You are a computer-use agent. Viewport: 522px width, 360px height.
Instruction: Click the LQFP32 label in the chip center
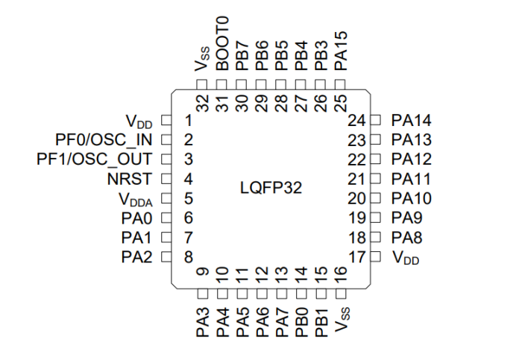pyautogui.click(x=271, y=189)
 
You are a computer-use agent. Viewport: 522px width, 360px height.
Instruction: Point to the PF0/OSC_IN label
pyautogui.click(x=104, y=139)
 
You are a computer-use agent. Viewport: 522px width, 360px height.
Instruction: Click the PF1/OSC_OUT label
pyautogui.click(x=95, y=159)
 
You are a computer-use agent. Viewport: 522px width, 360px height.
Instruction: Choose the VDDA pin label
pyautogui.click(x=135, y=199)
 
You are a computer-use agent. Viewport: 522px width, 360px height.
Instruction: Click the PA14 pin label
pyautogui.click(x=412, y=120)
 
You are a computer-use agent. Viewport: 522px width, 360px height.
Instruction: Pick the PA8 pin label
pyautogui.click(x=407, y=238)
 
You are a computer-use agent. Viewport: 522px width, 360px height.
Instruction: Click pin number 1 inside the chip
pyautogui.click(x=189, y=120)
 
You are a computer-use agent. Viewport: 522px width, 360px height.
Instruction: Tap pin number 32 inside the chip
pyautogui.click(x=202, y=103)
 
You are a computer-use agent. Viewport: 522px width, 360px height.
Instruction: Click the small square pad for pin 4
pyautogui.click(x=166, y=179)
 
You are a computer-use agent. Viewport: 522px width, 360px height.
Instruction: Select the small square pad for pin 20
pyautogui.click(x=376, y=198)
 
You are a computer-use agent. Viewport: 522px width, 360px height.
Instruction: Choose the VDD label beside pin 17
pyautogui.click(x=406, y=258)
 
